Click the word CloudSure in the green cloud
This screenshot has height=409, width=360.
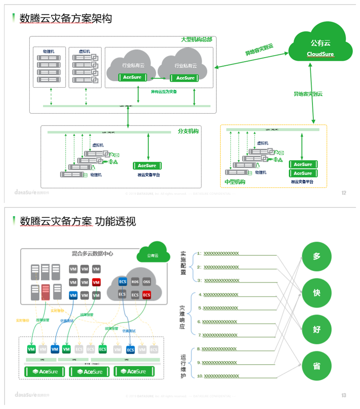point(320,54)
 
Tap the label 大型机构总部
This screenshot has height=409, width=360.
point(196,40)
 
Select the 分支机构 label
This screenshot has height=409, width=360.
point(188,131)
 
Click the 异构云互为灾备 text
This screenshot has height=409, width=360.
point(164,92)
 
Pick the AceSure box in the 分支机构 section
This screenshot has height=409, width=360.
point(147,166)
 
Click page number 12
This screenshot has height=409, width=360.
point(344,193)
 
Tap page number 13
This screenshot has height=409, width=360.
point(344,395)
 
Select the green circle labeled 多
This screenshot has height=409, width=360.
point(316,256)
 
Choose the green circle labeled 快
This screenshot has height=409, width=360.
point(316,293)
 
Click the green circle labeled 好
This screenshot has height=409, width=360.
point(316,329)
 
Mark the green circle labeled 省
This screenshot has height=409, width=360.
point(316,366)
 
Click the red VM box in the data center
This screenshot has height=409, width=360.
point(96,282)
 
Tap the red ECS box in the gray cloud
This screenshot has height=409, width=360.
point(147,295)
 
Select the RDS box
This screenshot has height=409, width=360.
point(135,281)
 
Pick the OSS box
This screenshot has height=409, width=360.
point(147,281)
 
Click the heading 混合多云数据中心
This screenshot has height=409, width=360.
point(92,253)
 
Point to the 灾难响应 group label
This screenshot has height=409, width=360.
point(183,314)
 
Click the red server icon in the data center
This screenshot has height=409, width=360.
point(45,292)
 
